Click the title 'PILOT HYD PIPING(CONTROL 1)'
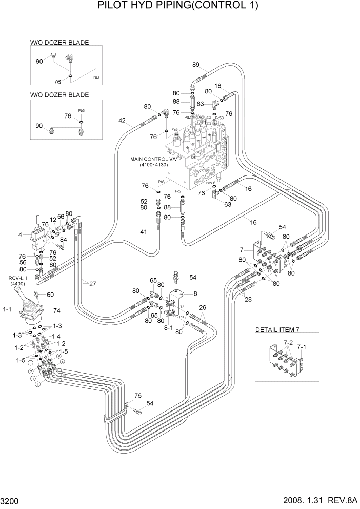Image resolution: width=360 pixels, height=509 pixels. (179, 6)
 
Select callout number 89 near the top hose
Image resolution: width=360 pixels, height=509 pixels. (195, 65)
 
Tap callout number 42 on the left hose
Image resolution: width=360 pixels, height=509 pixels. (122, 121)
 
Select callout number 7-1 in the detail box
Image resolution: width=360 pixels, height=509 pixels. (302, 347)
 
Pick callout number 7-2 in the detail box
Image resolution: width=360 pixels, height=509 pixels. (288, 342)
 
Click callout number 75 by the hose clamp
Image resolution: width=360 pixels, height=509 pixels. (137, 395)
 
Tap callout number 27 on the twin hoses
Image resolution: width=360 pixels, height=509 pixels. (92, 283)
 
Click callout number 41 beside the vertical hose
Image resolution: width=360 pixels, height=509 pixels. (144, 232)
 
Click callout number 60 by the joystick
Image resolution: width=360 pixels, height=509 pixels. (50, 295)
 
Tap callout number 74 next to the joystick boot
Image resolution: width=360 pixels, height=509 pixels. (57, 311)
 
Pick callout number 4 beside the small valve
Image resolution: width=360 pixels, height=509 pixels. (20, 235)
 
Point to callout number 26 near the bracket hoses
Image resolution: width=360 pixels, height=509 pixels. (203, 308)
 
